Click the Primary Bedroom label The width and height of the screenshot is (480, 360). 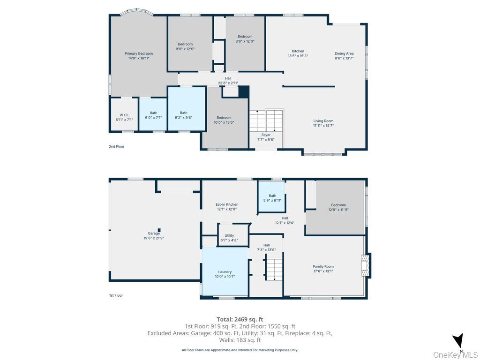(x=139, y=56)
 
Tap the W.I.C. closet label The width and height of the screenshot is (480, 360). (x=124, y=117)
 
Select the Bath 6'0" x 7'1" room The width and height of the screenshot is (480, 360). (x=153, y=114)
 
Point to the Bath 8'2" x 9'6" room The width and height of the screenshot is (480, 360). (x=187, y=109)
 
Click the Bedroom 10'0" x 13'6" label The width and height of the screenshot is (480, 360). (x=224, y=120)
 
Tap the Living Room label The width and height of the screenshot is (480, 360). (x=323, y=123)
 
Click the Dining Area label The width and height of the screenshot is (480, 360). (x=344, y=55)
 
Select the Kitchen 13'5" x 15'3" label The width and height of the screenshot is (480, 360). (x=298, y=53)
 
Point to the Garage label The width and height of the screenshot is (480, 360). (x=154, y=235)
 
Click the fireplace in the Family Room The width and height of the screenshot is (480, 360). (x=366, y=265)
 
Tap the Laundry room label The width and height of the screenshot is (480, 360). (x=225, y=274)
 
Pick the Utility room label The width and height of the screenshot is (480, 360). (x=229, y=238)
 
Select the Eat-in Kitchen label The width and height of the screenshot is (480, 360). (x=227, y=207)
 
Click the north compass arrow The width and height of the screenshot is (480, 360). (x=458, y=340)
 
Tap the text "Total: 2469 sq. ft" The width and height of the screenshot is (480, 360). (x=240, y=320)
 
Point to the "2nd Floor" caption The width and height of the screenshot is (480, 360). (x=117, y=146)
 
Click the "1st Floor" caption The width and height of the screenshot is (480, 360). (x=116, y=295)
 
